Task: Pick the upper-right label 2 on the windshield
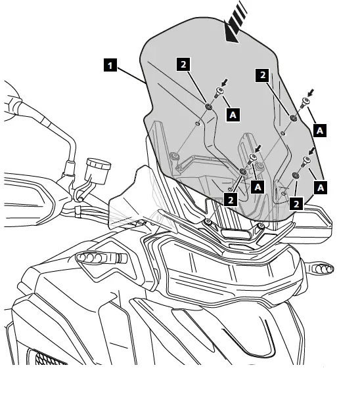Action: point(263,75)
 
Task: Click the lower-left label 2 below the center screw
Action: point(231,199)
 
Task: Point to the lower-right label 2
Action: point(296,204)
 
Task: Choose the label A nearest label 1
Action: point(232,114)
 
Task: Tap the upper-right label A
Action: point(320,130)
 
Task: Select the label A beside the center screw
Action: point(258,186)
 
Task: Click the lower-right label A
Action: point(321,188)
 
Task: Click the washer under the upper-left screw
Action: point(208,106)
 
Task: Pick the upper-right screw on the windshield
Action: point(305,103)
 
